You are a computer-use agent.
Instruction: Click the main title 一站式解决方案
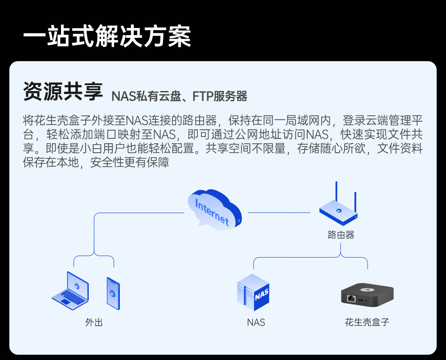pyautogui.click(x=107, y=36)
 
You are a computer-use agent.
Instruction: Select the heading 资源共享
pyautogui.click(x=63, y=91)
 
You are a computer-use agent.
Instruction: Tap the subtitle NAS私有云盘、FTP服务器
pyautogui.click(x=179, y=96)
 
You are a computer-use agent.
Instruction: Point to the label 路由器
pyautogui.click(x=341, y=235)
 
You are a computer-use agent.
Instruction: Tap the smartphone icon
pyautogui.click(x=113, y=293)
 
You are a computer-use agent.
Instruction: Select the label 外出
pyautogui.click(x=94, y=322)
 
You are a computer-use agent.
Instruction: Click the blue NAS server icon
pyautogui.click(x=253, y=292)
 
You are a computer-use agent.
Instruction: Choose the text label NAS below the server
pyautogui.click(x=256, y=323)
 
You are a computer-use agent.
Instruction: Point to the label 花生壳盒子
pyautogui.click(x=367, y=322)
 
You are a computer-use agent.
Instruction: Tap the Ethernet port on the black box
pyautogui.click(x=351, y=299)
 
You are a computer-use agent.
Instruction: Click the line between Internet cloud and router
pyautogui.click(x=279, y=212)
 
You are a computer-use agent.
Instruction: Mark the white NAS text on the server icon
pyautogui.click(x=262, y=295)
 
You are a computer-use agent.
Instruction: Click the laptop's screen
pyautogui.click(x=77, y=286)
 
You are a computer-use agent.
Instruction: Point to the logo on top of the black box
pyautogui.click(x=368, y=290)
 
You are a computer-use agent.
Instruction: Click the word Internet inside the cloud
pyautogui.click(x=212, y=212)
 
